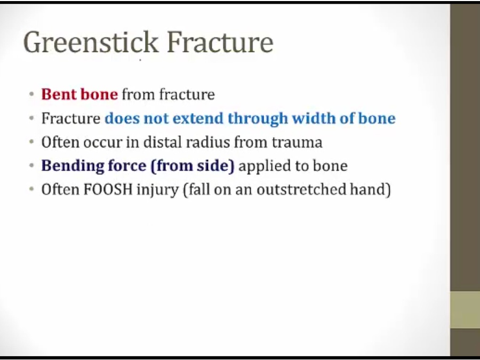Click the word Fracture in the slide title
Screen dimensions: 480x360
pos(220,43)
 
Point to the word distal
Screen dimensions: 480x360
pos(159,142)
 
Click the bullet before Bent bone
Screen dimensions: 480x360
pos(31,94)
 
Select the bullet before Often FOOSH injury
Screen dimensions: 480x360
pos(31,189)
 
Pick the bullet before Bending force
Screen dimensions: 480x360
pos(31,166)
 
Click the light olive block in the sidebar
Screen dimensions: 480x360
pos(465,310)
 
